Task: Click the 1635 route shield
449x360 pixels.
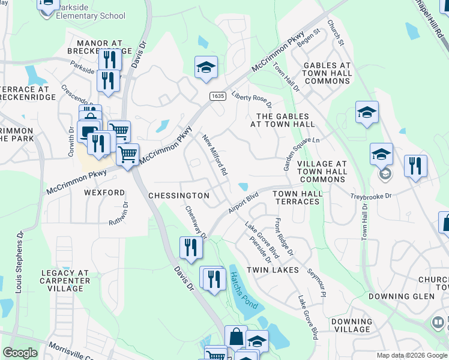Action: [218, 95]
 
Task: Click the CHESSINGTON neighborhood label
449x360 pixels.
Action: [178, 196]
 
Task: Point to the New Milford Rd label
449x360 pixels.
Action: [215, 154]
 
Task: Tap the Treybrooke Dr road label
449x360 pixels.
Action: [371, 196]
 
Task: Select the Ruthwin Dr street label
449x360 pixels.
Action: [118, 214]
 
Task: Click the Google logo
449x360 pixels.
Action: [20, 353]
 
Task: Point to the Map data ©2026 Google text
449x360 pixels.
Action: [411, 355]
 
